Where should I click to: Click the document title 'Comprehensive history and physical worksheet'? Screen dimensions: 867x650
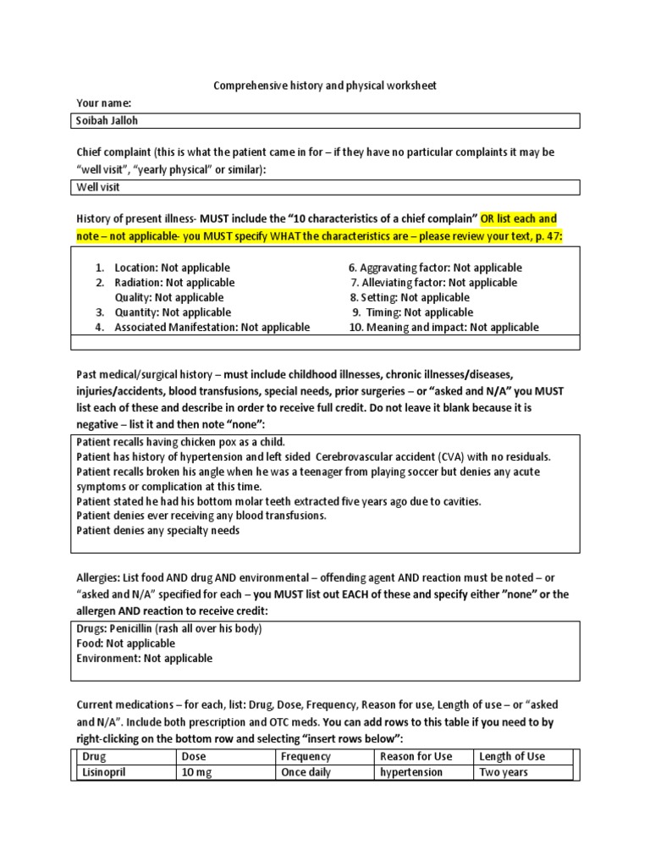coord(325,86)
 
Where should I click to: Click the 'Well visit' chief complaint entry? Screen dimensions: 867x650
coord(98,187)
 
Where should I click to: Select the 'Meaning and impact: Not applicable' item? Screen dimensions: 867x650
coord(443,327)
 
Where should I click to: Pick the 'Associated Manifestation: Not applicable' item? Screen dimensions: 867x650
coord(212,327)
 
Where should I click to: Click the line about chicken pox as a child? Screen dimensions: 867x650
coord(181,443)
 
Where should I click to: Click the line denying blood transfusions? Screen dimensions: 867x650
coord(201,516)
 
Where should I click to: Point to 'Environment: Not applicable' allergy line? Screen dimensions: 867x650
coord(145,658)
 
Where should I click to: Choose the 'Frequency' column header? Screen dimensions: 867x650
coord(306,757)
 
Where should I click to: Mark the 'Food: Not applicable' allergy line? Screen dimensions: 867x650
coord(126,643)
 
